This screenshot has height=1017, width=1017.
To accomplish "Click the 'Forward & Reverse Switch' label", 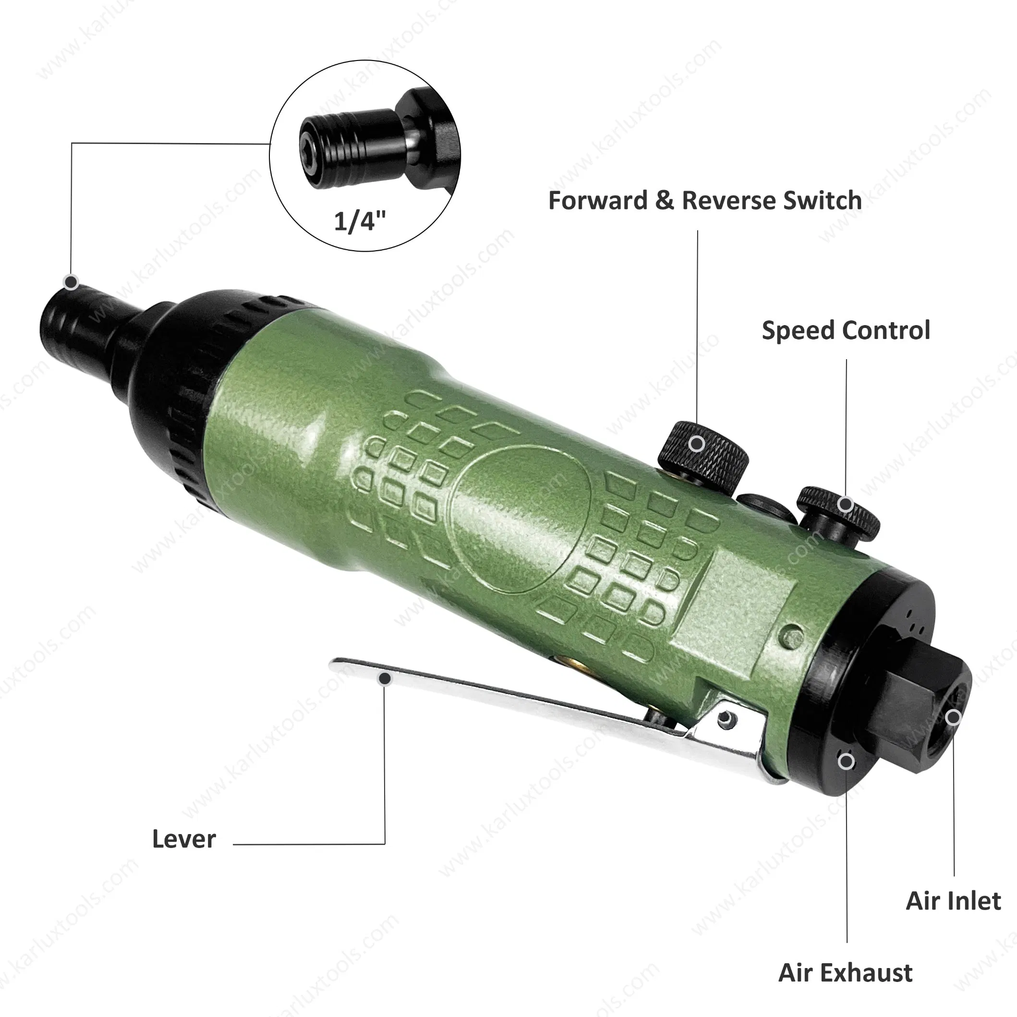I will (705, 201).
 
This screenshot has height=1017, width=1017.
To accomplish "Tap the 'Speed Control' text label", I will (846, 330).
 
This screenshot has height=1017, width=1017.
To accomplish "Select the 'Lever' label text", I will (184, 839).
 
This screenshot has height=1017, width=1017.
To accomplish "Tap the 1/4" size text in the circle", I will (360, 220).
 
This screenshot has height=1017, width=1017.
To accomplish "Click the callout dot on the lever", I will (385, 678).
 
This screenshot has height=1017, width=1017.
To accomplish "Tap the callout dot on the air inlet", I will (953, 717).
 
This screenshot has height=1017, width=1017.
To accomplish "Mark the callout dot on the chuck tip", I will (71, 282).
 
